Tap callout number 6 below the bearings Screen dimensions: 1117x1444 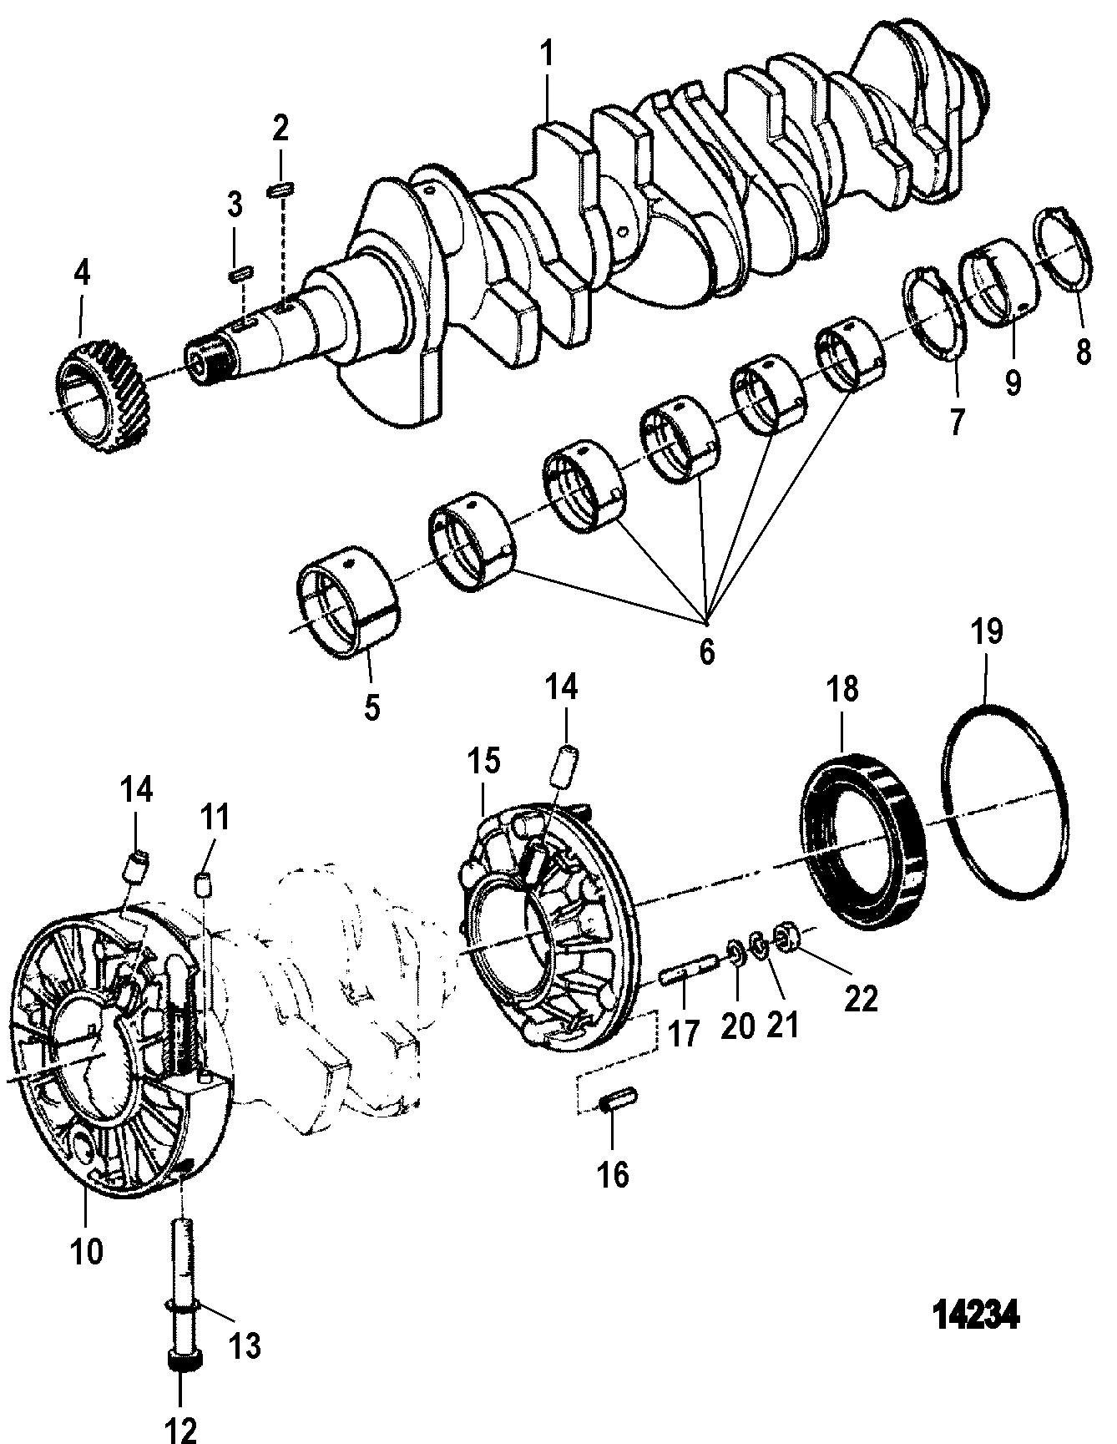pos(707,651)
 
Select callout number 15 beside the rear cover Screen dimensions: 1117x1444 pos(483,763)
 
